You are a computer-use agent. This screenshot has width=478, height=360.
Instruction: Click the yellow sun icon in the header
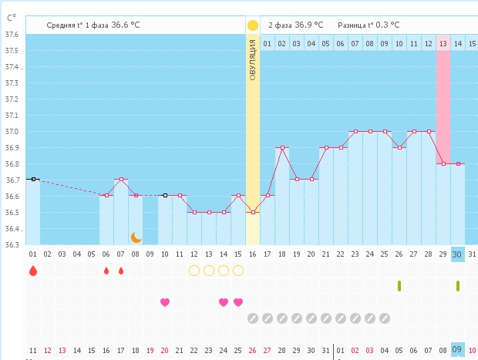(252, 25)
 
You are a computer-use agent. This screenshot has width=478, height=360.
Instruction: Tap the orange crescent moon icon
(136, 237)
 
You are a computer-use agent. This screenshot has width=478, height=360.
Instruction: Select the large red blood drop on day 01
(33, 271)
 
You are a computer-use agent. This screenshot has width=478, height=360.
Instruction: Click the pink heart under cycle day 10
(165, 302)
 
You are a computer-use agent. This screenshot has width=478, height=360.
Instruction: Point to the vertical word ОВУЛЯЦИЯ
(252, 60)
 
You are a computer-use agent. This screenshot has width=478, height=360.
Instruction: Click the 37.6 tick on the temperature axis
(12, 35)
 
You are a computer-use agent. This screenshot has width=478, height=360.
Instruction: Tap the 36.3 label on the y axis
(12, 245)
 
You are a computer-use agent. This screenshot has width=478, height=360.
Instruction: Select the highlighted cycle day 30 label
(458, 254)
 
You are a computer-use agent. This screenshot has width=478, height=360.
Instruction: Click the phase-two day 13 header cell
(443, 44)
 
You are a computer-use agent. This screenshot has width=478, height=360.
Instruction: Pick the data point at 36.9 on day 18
(282, 147)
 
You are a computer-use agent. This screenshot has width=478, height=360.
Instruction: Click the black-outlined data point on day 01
(33, 180)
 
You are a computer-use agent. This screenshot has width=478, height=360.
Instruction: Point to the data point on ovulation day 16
(253, 212)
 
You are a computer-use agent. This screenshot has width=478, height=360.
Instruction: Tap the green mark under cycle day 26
(399, 286)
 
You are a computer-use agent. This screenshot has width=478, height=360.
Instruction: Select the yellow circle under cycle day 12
(194, 271)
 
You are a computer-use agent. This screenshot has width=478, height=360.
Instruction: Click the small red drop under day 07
(121, 271)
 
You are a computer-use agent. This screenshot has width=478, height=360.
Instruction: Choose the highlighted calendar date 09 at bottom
(458, 350)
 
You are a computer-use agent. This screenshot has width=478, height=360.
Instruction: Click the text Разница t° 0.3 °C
(369, 25)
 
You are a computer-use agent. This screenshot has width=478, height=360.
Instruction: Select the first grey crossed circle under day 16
(253, 318)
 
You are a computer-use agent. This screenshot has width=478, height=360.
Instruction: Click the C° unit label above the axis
(12, 18)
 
